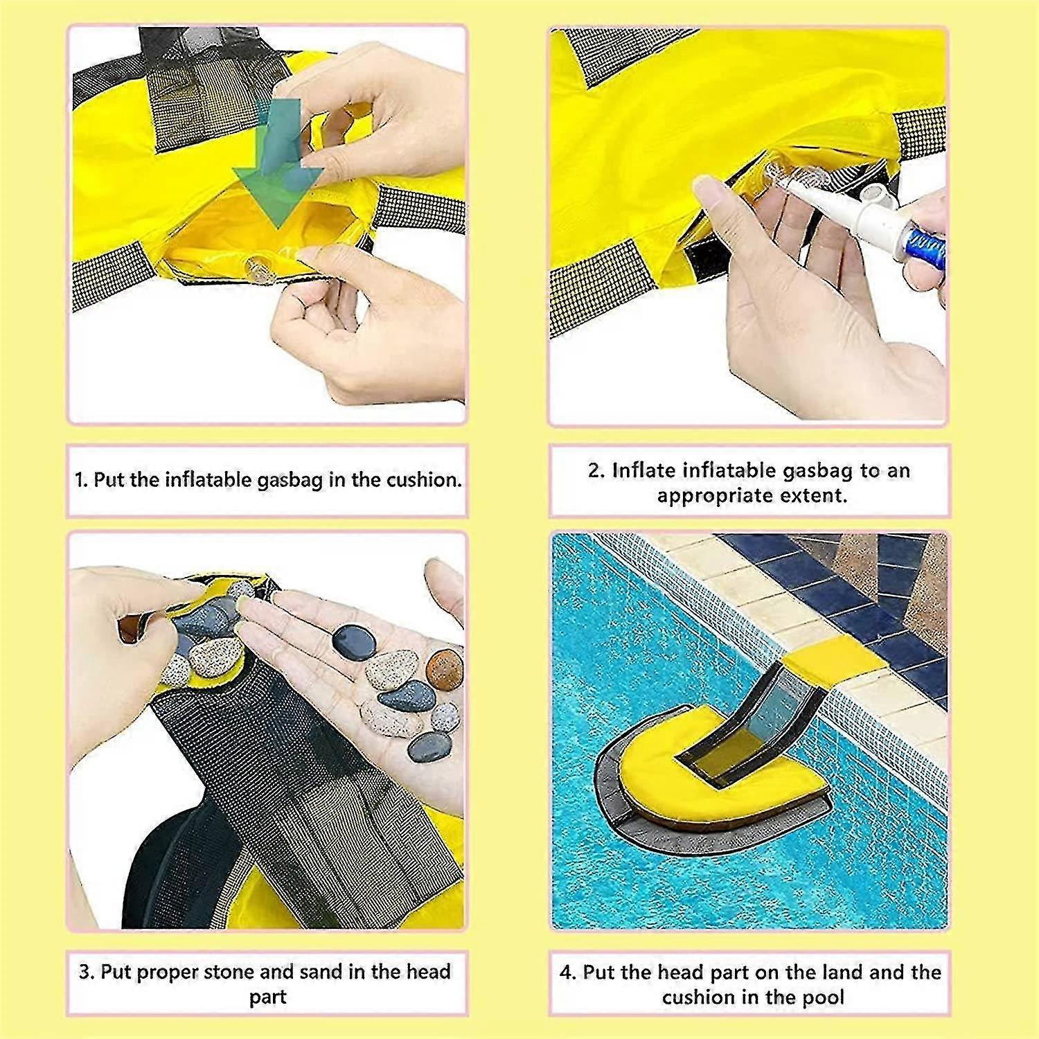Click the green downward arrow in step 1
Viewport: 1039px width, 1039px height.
click(278, 166)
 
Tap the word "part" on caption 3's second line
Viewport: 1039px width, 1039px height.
click(267, 998)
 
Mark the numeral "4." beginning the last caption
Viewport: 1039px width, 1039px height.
click(568, 973)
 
